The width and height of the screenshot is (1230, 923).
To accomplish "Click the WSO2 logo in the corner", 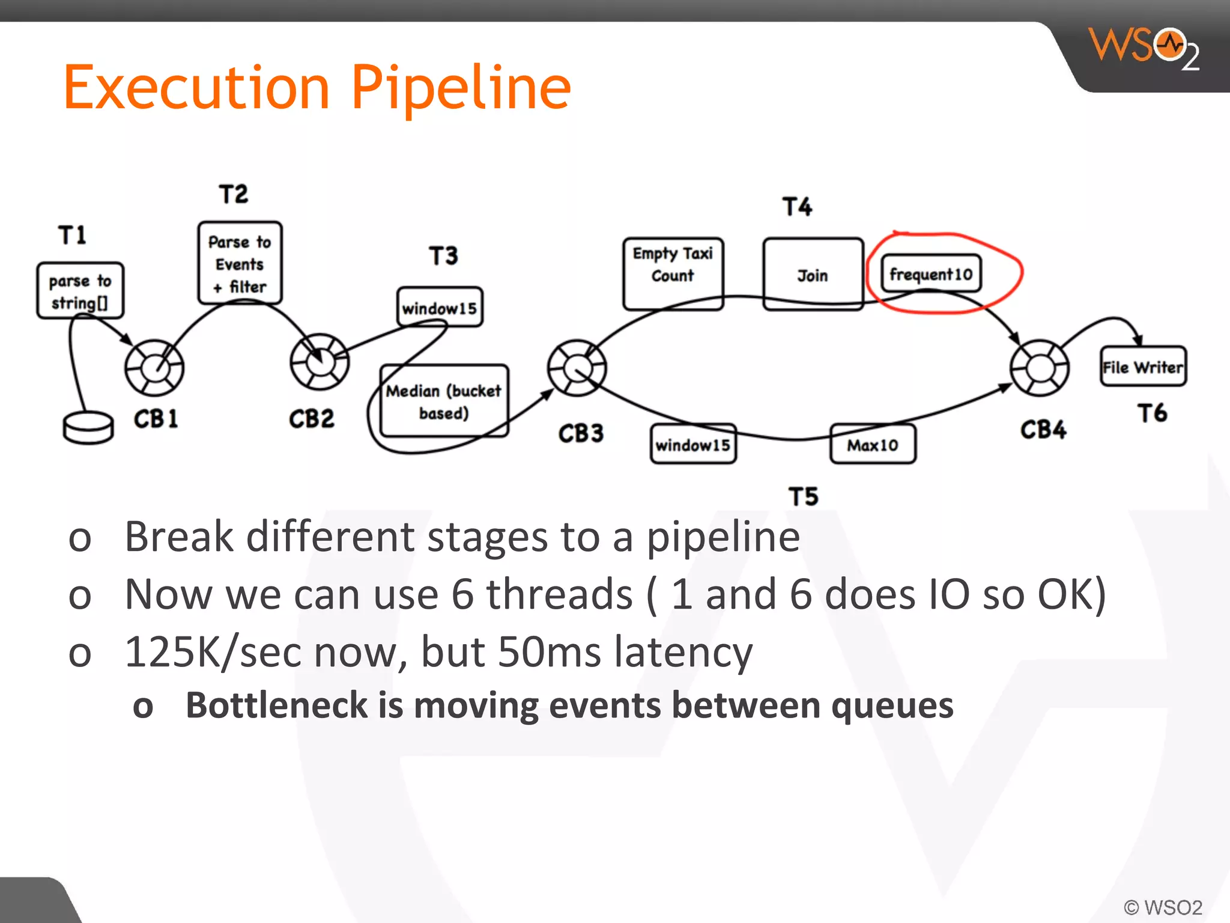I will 1145,48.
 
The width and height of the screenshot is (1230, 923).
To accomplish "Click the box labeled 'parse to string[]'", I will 80,291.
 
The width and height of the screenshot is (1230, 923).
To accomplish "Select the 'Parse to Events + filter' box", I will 240,263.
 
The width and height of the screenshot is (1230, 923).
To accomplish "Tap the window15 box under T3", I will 440,308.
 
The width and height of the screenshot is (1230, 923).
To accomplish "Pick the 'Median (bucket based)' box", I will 444,401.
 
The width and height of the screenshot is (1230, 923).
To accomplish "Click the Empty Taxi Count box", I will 673,273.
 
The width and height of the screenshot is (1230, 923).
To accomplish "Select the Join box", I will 813,275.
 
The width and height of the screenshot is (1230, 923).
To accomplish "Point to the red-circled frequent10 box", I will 930,274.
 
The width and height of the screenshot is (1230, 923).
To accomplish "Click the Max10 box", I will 873,445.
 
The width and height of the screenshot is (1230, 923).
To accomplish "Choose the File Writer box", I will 1142,367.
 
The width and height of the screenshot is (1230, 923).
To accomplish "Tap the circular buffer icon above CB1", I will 154,367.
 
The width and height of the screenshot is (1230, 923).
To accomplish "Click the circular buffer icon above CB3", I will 577,367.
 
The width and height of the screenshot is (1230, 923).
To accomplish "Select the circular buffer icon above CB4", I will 1039,367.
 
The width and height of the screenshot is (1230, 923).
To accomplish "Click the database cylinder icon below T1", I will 88,427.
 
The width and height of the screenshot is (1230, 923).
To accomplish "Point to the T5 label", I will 803,496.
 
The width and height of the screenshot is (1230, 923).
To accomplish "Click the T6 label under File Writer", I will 1152,413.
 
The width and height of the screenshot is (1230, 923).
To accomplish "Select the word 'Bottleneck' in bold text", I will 276,705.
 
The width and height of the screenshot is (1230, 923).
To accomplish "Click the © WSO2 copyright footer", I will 1162,907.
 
